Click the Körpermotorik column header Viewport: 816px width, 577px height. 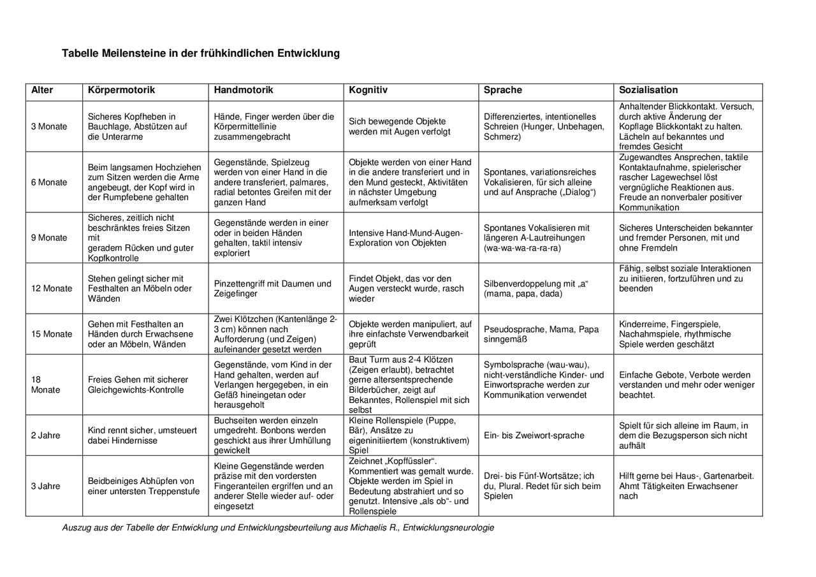point(121,91)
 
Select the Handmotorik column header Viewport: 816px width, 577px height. point(244,91)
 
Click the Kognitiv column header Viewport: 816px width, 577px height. point(368,91)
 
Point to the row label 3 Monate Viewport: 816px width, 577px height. point(49,126)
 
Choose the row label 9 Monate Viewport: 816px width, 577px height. point(49,238)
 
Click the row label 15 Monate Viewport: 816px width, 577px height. point(52,334)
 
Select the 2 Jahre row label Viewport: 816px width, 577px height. point(46,435)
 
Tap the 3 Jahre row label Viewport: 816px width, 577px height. point(46,486)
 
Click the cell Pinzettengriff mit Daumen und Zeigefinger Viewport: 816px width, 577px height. point(273,289)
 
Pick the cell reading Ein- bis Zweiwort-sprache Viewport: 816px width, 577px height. point(534,435)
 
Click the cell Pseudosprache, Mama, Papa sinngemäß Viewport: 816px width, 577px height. point(541,334)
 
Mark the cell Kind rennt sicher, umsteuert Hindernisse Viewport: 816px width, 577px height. point(142,435)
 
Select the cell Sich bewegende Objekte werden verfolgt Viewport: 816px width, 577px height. point(399,126)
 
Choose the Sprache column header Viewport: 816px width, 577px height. point(503,91)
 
